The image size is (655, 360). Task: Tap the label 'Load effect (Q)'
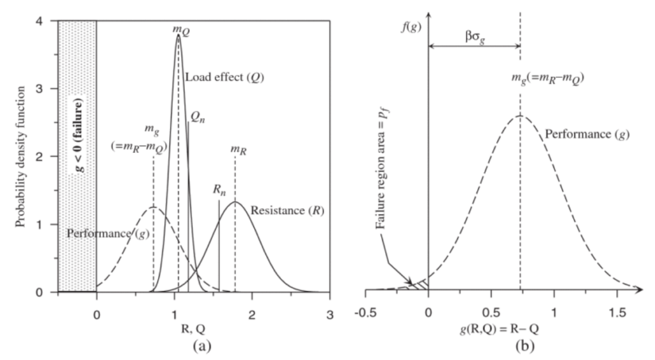click(225, 77)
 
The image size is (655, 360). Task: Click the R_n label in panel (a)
click(219, 190)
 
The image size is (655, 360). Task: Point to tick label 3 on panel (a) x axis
click(330, 305)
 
